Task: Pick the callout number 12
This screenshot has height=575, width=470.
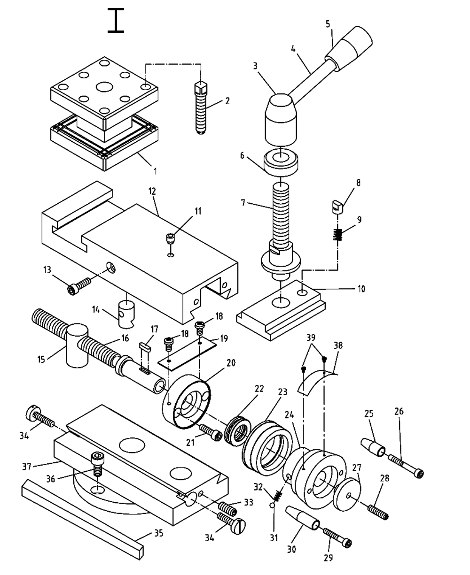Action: coord(152,192)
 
